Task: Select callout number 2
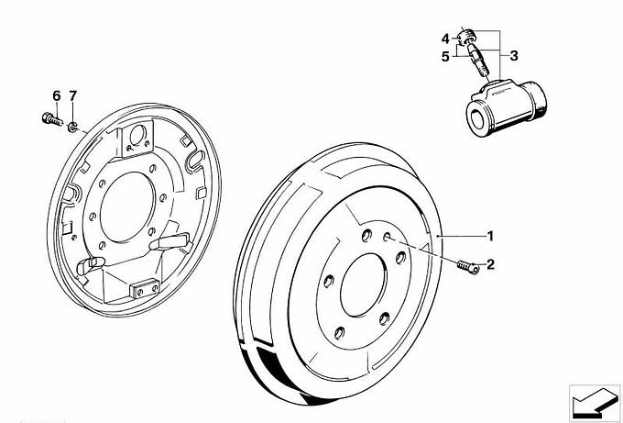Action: (490, 265)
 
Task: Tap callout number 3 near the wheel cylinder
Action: (514, 55)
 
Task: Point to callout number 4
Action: (445, 39)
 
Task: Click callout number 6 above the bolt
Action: (56, 96)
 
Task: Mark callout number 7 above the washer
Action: (73, 96)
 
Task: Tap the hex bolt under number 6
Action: (50, 117)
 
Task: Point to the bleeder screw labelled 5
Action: (477, 64)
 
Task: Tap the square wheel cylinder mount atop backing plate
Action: (139, 138)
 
